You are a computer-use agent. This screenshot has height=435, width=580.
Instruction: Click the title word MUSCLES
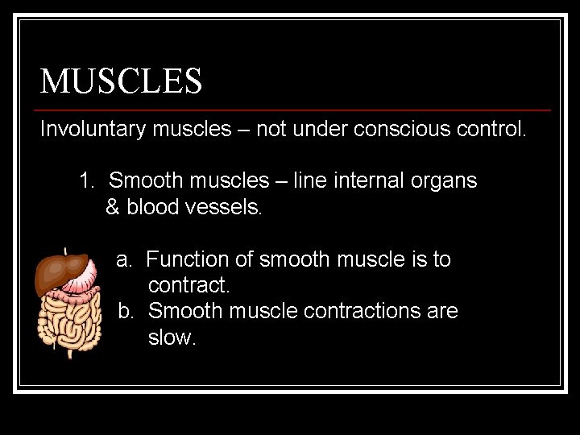(121, 81)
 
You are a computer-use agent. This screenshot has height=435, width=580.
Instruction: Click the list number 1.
(86, 181)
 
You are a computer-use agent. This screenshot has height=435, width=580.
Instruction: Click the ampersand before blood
(112, 207)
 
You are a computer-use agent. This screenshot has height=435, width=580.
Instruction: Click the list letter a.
(124, 259)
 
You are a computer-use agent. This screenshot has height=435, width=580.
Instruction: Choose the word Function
(188, 259)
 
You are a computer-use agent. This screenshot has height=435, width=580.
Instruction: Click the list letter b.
(126, 311)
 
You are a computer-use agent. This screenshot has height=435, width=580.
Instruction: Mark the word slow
(172, 338)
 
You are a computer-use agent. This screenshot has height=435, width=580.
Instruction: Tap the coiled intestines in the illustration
(68, 322)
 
